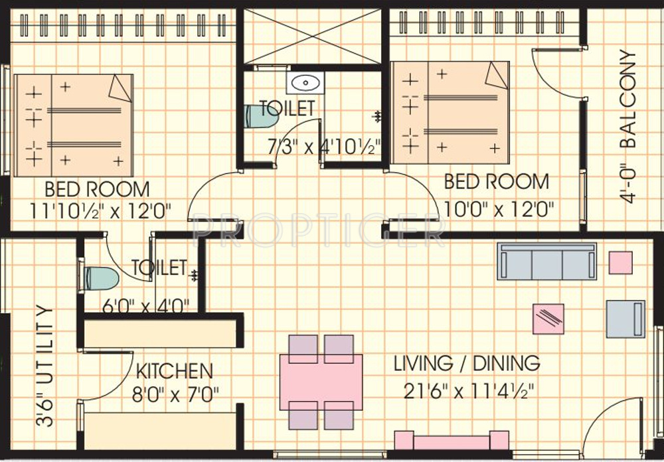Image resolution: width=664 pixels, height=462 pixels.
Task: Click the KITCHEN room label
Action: pos(175,371)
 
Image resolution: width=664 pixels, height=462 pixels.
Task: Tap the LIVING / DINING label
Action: pos(467,363)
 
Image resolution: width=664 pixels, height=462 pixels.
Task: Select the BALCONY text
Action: pos(628,99)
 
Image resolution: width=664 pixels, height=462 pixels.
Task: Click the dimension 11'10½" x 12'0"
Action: pos(100,210)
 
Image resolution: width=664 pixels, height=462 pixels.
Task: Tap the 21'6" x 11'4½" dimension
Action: pos(468,391)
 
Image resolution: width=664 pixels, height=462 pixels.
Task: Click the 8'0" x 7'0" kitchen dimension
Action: pos(175,395)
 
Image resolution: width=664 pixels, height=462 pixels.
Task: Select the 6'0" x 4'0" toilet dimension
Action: pos(145,305)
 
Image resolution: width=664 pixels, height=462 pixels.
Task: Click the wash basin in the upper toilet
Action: pos(305,82)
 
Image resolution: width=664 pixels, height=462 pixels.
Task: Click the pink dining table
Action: pos(321,382)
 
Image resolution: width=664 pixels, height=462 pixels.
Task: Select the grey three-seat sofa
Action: pos(546,261)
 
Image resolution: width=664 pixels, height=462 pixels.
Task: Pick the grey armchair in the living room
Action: pos(625,319)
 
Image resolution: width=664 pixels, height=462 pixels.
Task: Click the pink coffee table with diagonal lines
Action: pos(548,319)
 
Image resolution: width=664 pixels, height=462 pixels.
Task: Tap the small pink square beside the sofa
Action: pos(621,263)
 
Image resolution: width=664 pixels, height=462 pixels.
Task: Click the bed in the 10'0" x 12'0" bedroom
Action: pos(450,113)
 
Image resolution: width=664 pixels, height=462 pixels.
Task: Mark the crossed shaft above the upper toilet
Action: pos(313,36)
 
